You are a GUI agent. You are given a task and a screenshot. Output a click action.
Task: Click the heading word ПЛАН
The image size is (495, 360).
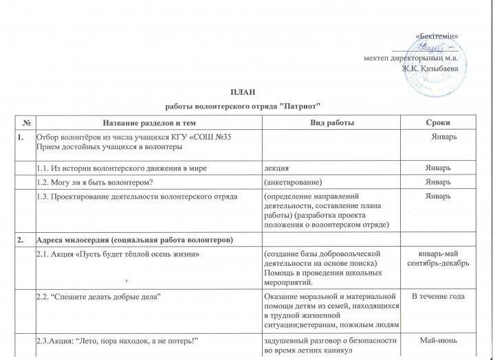[247, 91]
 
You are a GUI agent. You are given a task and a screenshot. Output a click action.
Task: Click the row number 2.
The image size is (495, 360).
[22, 238]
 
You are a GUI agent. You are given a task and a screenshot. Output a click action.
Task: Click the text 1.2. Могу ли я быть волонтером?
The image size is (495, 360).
[93, 182]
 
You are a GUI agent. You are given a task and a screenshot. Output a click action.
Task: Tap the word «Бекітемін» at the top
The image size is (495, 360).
[438, 35]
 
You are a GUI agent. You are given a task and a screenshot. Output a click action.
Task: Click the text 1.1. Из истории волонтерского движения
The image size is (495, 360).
[121, 168]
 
